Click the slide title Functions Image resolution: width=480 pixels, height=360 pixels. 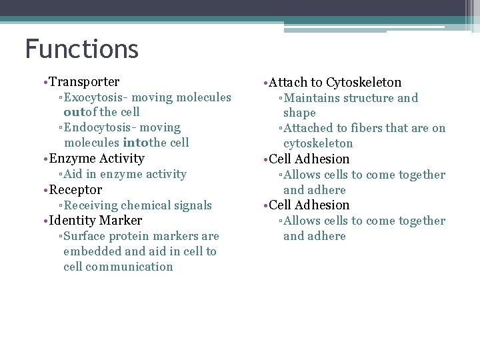point(81,49)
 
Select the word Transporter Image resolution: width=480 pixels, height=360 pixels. point(84,82)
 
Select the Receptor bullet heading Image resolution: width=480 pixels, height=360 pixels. point(75,189)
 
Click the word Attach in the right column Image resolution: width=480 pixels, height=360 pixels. point(288,83)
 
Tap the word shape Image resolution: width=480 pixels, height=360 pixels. point(299,113)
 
